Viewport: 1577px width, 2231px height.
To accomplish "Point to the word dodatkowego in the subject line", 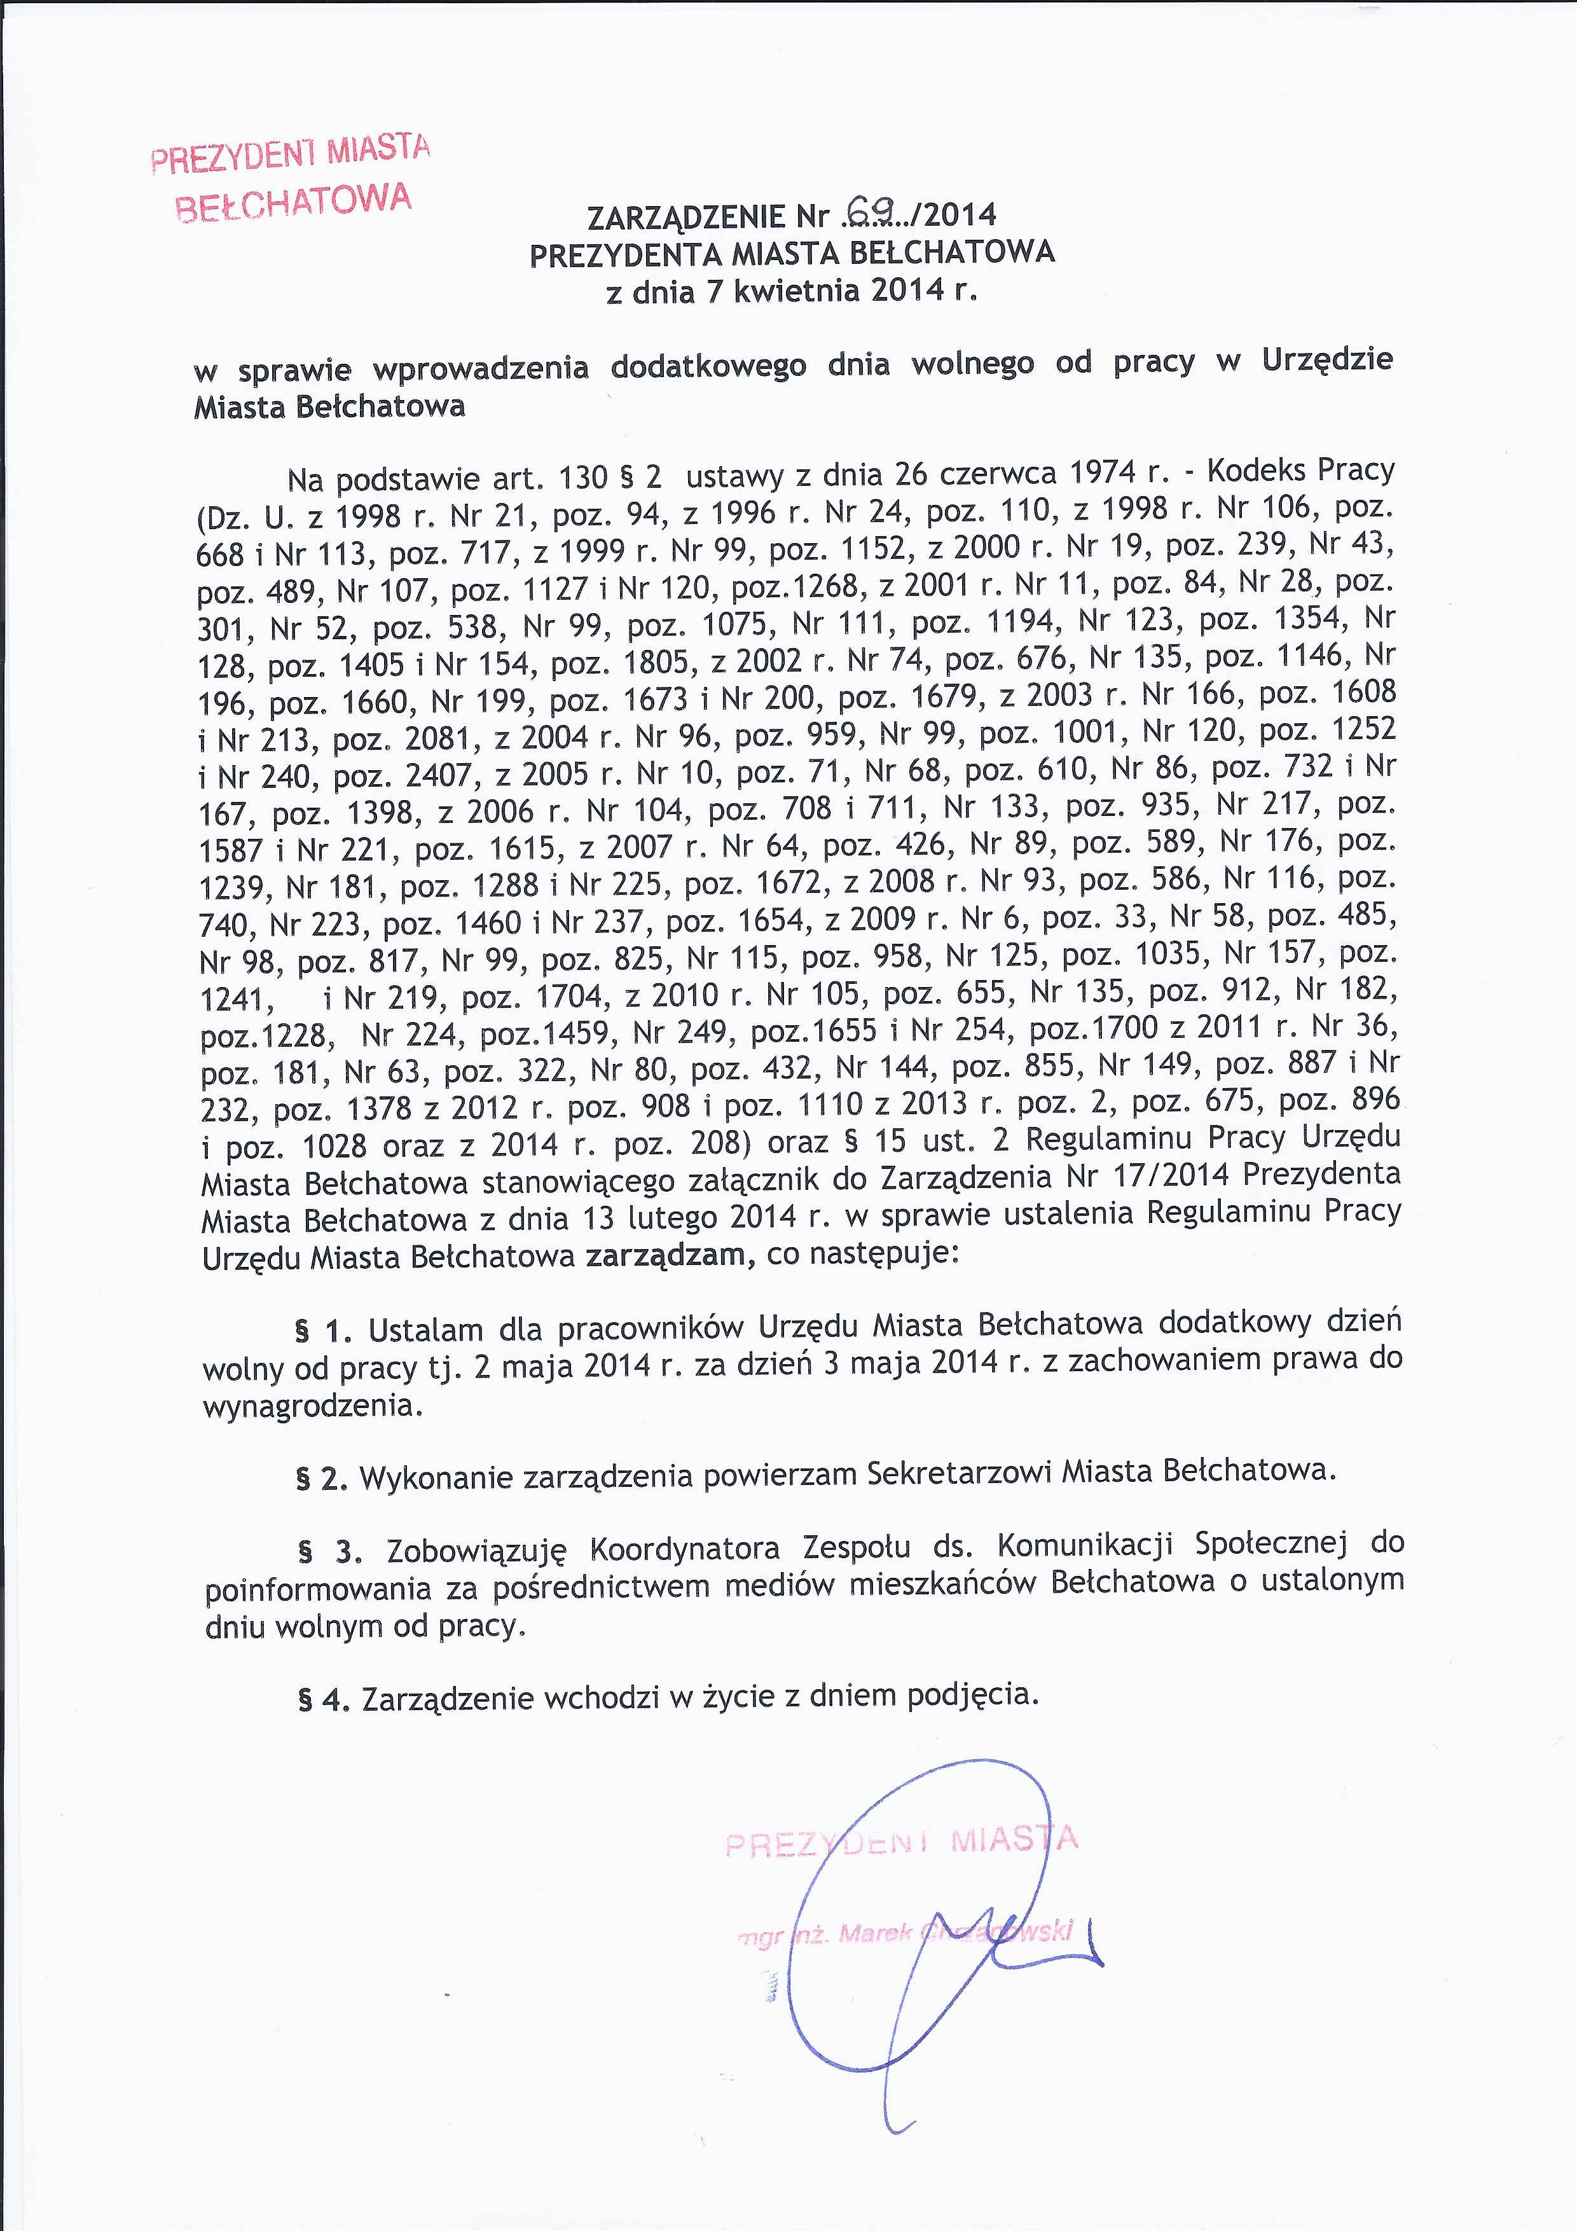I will point(708,366).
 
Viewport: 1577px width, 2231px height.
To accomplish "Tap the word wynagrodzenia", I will point(312,1405).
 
